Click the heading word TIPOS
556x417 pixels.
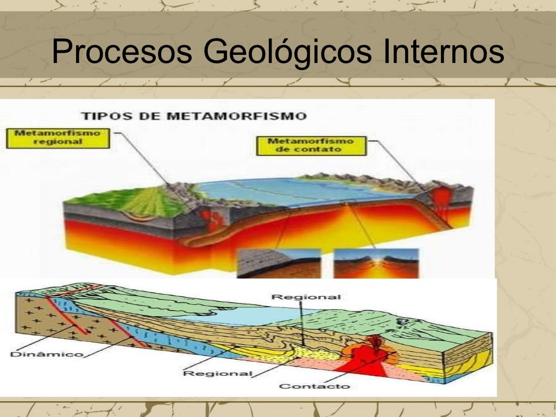[103, 116]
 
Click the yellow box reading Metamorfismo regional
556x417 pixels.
[58, 137]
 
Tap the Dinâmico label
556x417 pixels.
[46, 355]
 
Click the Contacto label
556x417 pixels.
[314, 386]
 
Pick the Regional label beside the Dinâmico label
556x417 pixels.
[217, 373]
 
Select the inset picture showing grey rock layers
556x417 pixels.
[279, 263]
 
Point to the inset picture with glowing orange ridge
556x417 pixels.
[376, 263]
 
